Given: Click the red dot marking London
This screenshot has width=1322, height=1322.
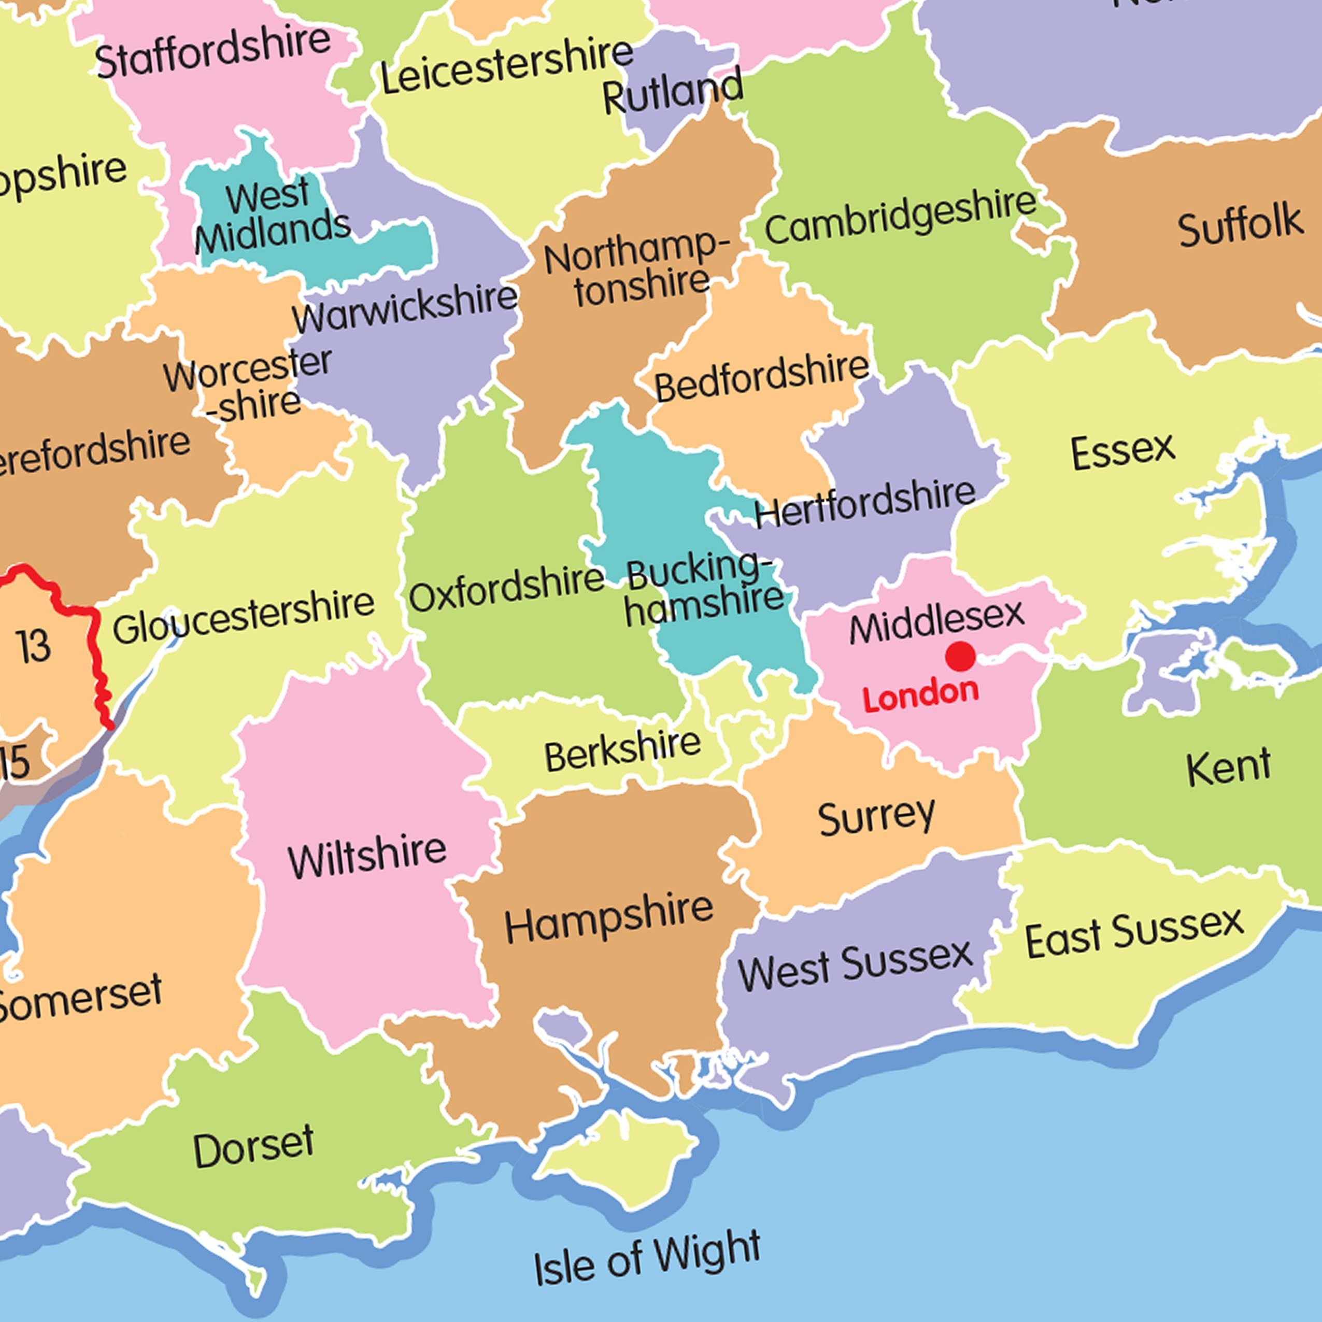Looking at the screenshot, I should coord(960,656).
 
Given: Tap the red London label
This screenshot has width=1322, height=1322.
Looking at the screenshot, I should coord(920,694).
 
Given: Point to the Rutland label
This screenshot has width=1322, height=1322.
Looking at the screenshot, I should coord(673,91).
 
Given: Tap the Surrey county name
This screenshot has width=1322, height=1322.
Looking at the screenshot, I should coord(876,816).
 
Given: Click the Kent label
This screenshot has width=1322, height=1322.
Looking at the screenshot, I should coord(1228,767).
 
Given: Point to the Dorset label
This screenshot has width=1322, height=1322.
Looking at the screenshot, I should coord(253,1146).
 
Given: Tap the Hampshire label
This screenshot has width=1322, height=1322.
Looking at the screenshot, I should coord(609,918).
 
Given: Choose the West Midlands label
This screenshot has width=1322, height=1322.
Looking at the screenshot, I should coord(273,214).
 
